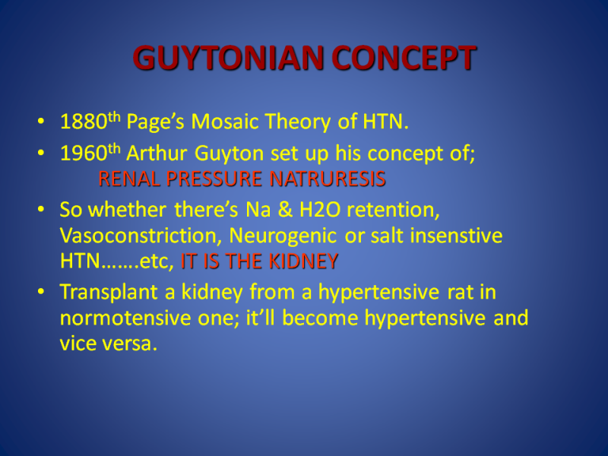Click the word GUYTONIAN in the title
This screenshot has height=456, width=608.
pyautogui.click(x=228, y=58)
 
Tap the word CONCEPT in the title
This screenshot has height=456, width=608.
pyautogui.click(x=404, y=58)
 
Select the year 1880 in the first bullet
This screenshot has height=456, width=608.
pyautogui.click(x=84, y=122)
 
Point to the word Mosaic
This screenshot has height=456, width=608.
pyautogui.click(x=225, y=122)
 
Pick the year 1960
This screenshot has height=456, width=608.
pyautogui.click(x=84, y=154)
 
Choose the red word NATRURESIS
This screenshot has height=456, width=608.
pyautogui.click(x=328, y=179)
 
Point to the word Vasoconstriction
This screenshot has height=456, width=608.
pyautogui.click(x=141, y=236)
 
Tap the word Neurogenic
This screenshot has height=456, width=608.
pyautogui.click(x=283, y=236)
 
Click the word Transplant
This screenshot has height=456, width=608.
pyautogui.click(x=109, y=293)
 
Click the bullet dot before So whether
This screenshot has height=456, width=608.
pyautogui.click(x=41, y=210)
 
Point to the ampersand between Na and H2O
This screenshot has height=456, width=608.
pyautogui.click(x=285, y=210)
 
